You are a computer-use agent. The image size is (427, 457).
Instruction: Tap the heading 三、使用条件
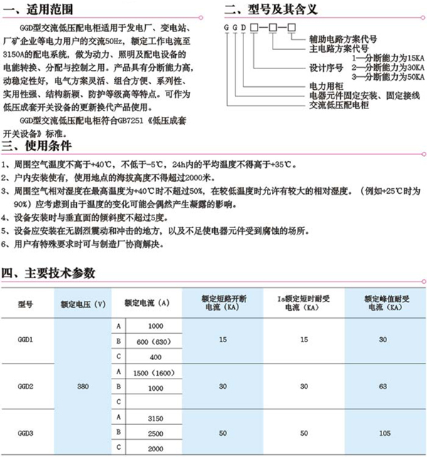click(42, 147)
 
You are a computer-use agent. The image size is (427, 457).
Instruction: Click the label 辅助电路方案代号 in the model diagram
click(342, 39)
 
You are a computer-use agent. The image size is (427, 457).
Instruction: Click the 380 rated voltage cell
click(83, 386)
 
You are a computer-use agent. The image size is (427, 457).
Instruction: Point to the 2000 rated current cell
click(154, 448)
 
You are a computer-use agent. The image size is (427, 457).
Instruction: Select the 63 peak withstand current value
click(384, 386)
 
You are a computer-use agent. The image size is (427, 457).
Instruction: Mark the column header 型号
click(26, 303)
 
